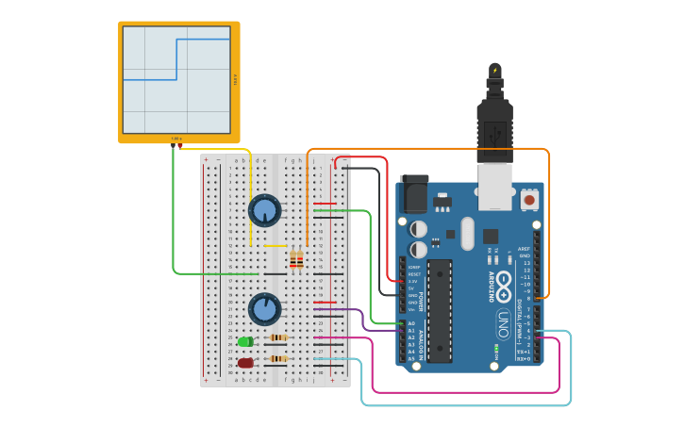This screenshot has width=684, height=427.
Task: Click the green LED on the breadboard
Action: click(x=245, y=341)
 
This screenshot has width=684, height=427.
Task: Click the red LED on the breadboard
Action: click(x=245, y=362)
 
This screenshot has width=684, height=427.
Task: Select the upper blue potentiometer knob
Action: click(x=265, y=210)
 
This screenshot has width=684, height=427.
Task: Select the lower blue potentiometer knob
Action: click(x=265, y=309)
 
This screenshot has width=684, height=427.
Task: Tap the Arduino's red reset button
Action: click(x=529, y=200)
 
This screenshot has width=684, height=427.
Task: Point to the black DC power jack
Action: click(x=414, y=193)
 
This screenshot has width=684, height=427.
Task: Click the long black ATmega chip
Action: click(x=439, y=311)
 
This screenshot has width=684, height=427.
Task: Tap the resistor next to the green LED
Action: click(x=278, y=337)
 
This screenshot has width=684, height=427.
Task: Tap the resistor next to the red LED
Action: click(x=278, y=358)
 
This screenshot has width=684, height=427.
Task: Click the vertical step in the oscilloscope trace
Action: click(x=177, y=59)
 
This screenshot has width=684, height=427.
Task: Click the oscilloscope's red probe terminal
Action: click(x=180, y=145)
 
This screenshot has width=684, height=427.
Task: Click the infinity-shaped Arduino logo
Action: click(x=504, y=280)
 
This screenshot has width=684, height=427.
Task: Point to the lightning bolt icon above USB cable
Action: click(x=495, y=70)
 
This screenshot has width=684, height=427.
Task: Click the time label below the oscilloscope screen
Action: click(x=176, y=139)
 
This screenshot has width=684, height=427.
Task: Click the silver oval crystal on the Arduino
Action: click(x=467, y=233)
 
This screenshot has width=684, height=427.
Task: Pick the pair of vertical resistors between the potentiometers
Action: click(x=296, y=258)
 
